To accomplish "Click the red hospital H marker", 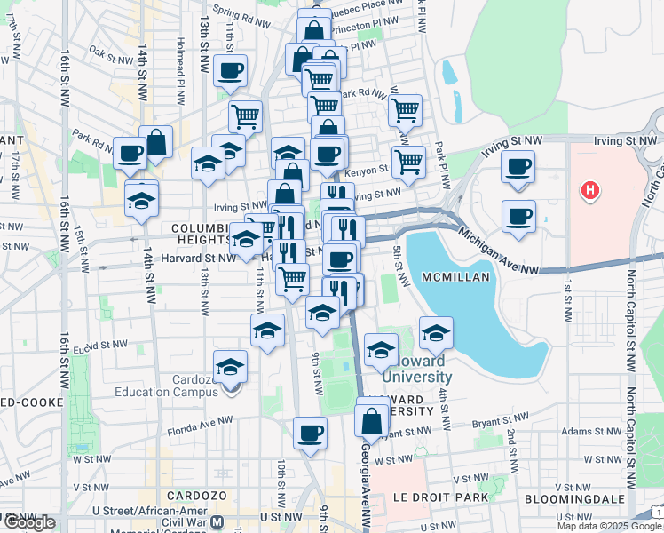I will (x=588, y=189).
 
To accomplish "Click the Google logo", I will (x=29, y=522).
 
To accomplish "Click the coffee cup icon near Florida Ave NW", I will (x=310, y=434).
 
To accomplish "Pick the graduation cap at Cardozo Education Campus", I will (x=230, y=366).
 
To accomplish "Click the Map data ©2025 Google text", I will (x=609, y=526).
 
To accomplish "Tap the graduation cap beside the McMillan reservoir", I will (x=436, y=335).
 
